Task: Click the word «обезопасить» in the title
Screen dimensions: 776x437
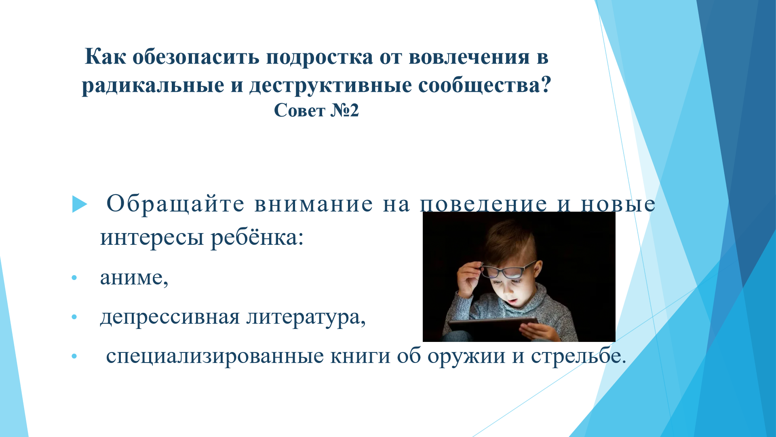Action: click(196, 57)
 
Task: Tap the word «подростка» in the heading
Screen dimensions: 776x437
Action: click(320, 57)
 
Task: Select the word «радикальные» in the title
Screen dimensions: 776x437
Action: click(153, 86)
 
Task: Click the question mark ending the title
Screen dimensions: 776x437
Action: click(546, 84)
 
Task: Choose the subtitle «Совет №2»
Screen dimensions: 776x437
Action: click(316, 110)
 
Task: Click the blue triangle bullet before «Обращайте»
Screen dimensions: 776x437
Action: click(80, 204)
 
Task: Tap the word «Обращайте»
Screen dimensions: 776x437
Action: click(175, 204)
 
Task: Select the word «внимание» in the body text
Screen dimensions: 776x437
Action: click(314, 204)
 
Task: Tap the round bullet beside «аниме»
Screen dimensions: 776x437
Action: click(74, 278)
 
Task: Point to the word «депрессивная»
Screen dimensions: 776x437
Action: click(170, 318)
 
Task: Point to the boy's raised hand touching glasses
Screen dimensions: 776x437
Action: click(469, 279)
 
